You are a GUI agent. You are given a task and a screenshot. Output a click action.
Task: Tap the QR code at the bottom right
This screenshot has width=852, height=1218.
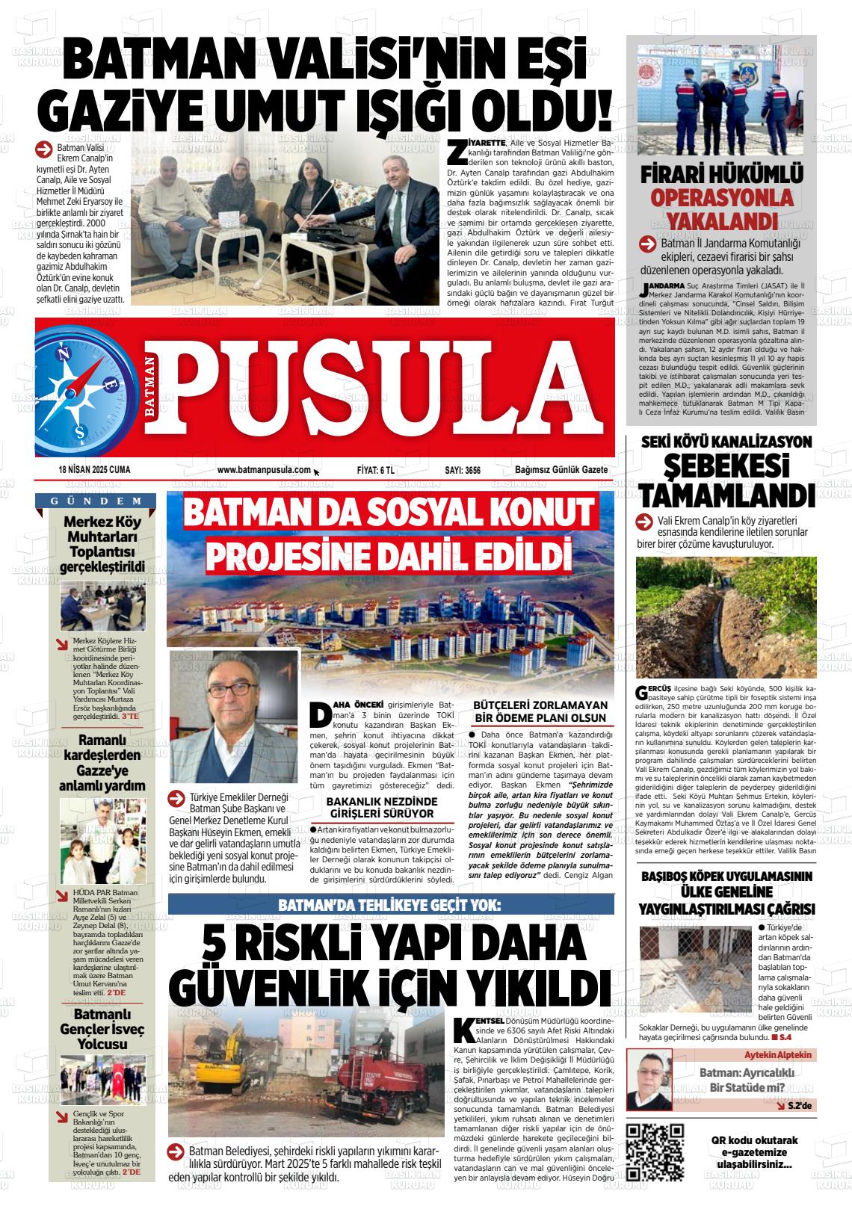[x=655, y=1152]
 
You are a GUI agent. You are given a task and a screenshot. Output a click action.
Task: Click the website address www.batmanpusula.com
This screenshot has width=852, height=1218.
[x=263, y=470]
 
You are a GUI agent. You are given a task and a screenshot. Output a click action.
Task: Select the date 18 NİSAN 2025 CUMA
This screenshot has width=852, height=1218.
[x=94, y=470]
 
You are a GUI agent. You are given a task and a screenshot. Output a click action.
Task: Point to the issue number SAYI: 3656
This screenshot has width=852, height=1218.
[x=462, y=470]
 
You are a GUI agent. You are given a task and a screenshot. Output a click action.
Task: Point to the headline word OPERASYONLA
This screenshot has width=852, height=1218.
[x=720, y=198]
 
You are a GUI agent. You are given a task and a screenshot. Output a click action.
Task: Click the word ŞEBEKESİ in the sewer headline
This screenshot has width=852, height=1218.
[x=726, y=469]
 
